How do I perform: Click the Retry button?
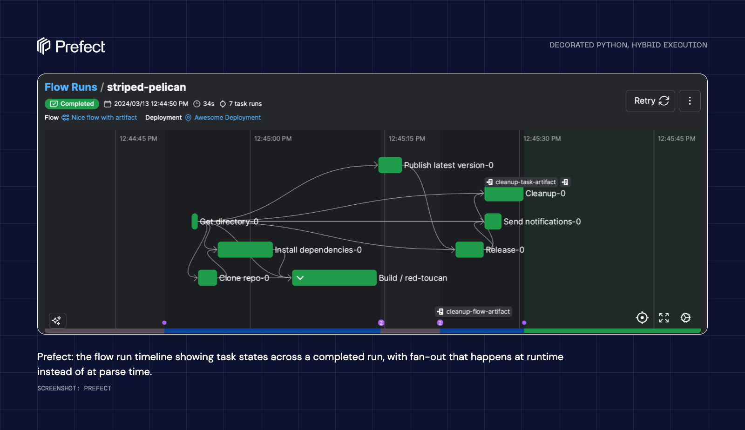pyautogui.click(x=650, y=101)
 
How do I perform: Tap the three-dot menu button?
pyautogui.click(x=690, y=101)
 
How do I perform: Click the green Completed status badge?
pyautogui.click(x=72, y=104)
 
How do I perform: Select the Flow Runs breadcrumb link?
pyautogui.click(x=71, y=87)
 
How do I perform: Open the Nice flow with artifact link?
pyautogui.click(x=99, y=118)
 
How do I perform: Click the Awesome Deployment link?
pyautogui.click(x=223, y=118)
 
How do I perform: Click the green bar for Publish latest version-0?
pyautogui.click(x=390, y=165)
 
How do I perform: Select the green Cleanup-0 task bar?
pyautogui.click(x=504, y=194)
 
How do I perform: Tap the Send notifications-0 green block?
pyautogui.click(x=493, y=222)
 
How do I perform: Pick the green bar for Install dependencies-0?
pyautogui.click(x=245, y=249)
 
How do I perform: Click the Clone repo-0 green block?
pyautogui.click(x=208, y=278)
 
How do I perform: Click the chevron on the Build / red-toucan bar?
pyautogui.click(x=300, y=278)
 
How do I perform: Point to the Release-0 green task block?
pyautogui.click(x=469, y=249)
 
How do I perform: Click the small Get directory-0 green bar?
pyautogui.click(x=195, y=222)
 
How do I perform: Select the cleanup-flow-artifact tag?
pyautogui.click(x=473, y=311)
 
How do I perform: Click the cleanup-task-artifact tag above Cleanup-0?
pyautogui.click(x=521, y=182)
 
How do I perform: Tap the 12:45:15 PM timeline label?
pyautogui.click(x=407, y=139)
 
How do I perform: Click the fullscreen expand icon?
pyautogui.click(x=664, y=318)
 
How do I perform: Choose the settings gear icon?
pyautogui.click(x=685, y=318)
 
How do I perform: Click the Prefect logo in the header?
pyautogui.click(x=71, y=46)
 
